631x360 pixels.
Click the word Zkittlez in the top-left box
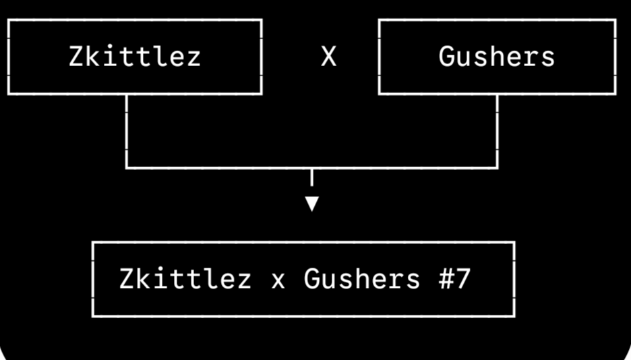click(x=135, y=57)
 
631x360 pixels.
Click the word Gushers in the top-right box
click(x=497, y=57)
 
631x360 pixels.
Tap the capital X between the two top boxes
click(x=328, y=57)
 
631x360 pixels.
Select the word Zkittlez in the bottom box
click(x=185, y=278)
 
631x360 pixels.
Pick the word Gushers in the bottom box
click(x=362, y=278)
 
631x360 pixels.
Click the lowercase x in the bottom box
click(x=278, y=281)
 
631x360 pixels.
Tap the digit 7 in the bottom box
click(x=462, y=278)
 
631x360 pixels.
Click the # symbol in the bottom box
click(x=446, y=278)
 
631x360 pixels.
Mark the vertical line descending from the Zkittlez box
click(x=127, y=131)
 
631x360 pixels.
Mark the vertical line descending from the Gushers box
click(x=498, y=131)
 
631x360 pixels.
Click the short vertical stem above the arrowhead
click(x=312, y=178)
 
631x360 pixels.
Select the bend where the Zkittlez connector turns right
click(x=127, y=168)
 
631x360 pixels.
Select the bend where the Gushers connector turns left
click(x=498, y=168)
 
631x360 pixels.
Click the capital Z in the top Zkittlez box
click(x=76, y=57)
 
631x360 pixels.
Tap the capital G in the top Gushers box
click(x=446, y=57)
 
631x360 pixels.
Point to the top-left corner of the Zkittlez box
click(x=9, y=20)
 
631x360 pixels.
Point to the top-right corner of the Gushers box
click(x=615, y=20)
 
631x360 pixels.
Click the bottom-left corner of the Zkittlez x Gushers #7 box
click(x=93, y=316)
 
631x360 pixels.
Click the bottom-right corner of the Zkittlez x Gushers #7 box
click(x=514, y=316)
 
